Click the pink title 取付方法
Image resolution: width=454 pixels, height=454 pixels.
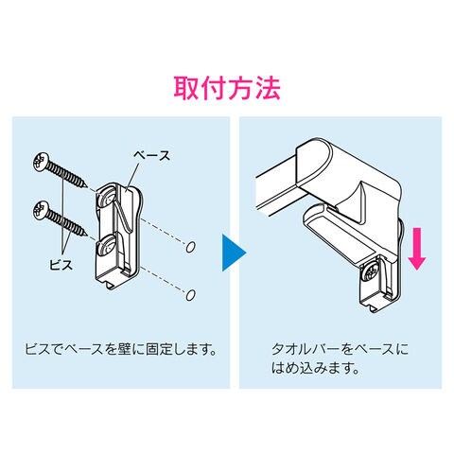coord(227,88)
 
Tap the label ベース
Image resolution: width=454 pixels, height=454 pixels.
coord(151,156)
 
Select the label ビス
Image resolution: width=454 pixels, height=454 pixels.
coord(61,264)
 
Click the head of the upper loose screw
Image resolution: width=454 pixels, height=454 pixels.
coord(41,162)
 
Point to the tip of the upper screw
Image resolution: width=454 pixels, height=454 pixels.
coord(86,186)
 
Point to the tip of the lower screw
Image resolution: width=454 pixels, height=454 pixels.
coord(86,236)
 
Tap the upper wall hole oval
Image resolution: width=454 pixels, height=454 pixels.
coord(190,247)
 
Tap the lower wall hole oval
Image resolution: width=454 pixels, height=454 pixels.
coord(190,295)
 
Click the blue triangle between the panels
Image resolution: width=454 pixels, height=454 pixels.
coord(234,253)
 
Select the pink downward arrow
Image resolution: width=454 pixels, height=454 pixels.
coord(417,249)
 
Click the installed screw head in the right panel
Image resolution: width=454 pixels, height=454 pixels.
coord(372,271)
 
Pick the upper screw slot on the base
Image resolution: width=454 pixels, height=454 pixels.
coord(107,197)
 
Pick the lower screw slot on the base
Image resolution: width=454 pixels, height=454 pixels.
coord(107,245)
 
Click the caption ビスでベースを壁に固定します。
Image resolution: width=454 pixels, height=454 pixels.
coord(121,349)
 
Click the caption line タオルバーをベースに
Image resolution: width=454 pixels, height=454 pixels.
coord(340,349)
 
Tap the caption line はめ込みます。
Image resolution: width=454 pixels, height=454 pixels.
coord(316,368)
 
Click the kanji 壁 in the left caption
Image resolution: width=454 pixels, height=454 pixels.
coord(125,349)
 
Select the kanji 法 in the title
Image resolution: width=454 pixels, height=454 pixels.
coord(268,88)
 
